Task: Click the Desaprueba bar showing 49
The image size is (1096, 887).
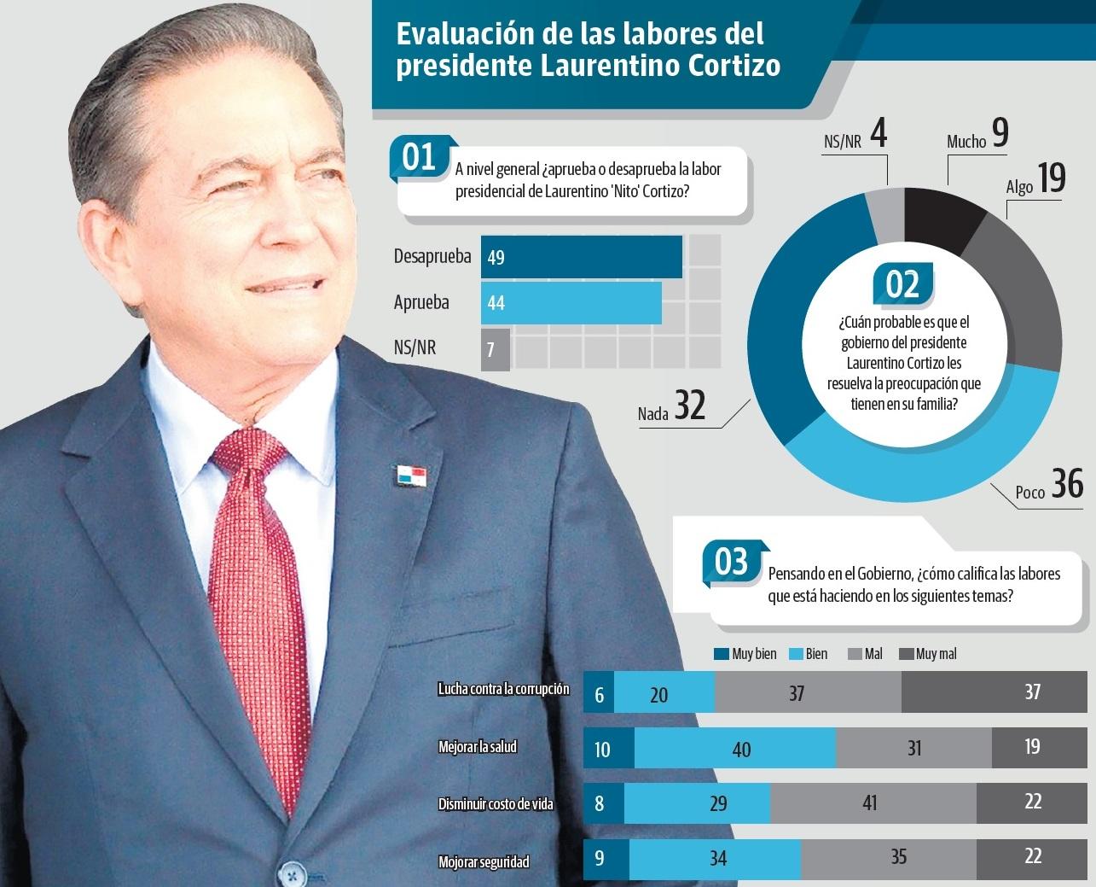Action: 581,257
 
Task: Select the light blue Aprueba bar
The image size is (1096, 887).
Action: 571,303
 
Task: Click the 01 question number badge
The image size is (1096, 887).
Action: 419,158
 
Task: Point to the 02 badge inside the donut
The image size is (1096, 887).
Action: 902,284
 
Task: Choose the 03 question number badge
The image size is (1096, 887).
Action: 731,563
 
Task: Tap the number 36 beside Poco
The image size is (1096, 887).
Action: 1067,483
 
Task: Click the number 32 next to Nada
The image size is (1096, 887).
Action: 690,406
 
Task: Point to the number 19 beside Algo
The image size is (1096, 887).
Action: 1052,178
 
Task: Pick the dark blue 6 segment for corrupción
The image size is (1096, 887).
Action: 599,693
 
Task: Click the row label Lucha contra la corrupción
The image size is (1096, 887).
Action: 503,689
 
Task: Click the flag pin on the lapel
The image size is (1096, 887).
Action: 410,476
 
